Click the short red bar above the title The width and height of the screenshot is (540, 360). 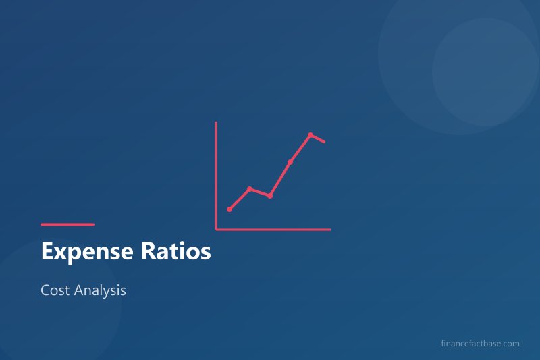[67, 224]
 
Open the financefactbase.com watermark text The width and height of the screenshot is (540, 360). [479, 344]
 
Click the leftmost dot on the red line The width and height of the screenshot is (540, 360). [230, 209]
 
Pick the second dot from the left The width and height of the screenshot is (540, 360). [250, 188]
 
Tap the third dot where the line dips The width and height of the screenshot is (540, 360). [270, 196]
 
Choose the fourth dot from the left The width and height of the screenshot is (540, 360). [290, 162]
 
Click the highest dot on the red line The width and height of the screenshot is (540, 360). [310, 135]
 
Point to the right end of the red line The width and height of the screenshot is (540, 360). [325, 142]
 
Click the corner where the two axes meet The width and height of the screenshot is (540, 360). [216, 229]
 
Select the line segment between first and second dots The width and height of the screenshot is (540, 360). [240, 199]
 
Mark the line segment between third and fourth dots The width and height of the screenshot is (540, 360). [280, 179]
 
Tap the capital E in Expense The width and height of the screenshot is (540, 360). [47, 252]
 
